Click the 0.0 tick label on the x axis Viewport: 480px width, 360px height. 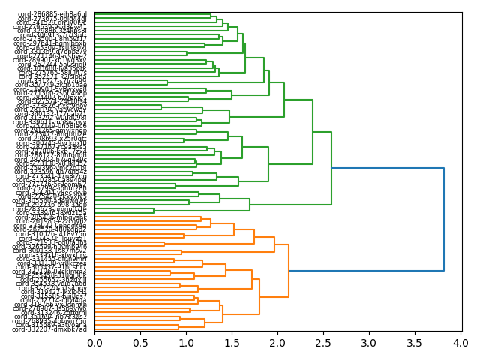(94, 343)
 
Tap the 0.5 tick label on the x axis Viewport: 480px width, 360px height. (140, 343)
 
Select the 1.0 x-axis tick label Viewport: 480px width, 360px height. (186, 343)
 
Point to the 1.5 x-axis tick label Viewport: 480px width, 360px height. (232, 343)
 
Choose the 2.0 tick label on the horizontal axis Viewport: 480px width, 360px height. (277, 343)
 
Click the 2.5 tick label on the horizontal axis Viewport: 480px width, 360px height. (323, 343)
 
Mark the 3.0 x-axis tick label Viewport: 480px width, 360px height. (369, 343)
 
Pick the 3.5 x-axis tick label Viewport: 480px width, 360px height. (415, 343)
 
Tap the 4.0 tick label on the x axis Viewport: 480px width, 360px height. (460, 343)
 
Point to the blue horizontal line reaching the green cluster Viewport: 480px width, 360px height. (388, 168)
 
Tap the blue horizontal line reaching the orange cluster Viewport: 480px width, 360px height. (366, 270)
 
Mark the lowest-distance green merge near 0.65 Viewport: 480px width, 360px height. (154, 211)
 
